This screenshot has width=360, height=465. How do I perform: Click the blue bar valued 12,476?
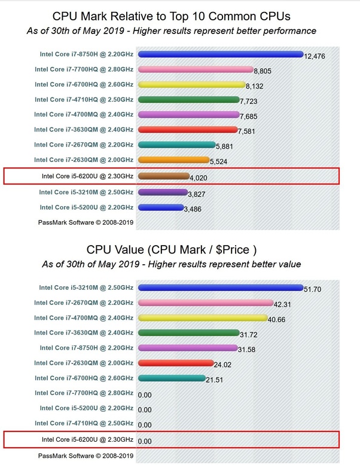(221, 54)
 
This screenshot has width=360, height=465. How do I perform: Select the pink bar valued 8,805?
(196, 69)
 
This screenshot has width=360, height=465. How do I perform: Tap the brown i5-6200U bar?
(163, 176)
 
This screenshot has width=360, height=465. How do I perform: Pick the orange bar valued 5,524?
(174, 160)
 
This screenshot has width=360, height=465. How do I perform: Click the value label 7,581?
(246, 131)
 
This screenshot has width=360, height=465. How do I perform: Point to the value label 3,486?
(193, 209)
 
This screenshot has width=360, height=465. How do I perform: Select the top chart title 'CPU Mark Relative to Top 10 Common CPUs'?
(171, 16)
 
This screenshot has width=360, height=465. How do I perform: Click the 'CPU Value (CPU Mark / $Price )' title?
(172, 250)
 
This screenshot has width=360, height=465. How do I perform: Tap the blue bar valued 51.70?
(221, 287)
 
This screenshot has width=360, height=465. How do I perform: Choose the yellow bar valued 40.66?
(203, 318)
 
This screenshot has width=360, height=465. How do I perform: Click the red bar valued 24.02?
(176, 363)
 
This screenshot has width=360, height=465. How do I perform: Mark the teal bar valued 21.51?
(172, 378)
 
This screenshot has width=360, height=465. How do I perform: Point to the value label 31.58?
(246, 350)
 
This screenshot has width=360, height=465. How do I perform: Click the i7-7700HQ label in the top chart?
(84, 69)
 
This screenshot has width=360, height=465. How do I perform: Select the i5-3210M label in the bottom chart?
(86, 287)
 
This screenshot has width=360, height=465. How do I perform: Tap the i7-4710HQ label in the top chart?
(84, 100)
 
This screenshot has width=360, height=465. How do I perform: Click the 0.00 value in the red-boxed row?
(145, 441)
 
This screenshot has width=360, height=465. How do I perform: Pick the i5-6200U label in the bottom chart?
(87, 439)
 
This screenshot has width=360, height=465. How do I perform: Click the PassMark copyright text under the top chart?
(86, 222)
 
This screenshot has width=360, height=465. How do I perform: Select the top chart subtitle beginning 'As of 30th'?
(172, 31)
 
